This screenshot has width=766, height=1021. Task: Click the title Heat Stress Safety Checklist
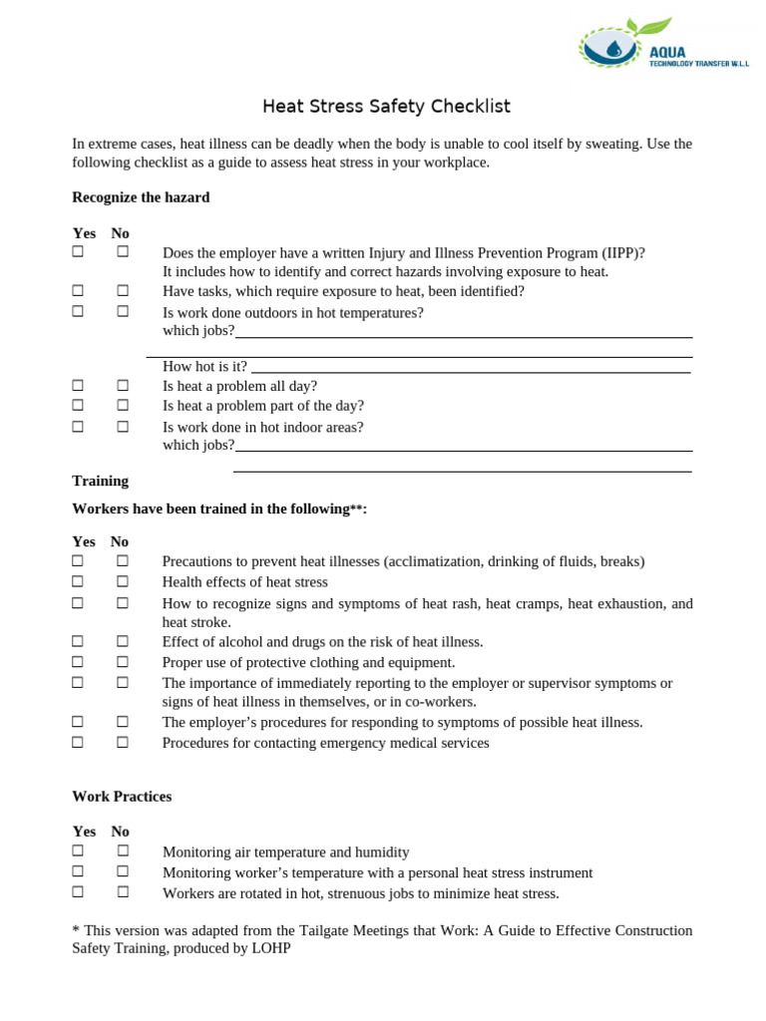point(386,106)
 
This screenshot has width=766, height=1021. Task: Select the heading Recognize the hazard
point(141,197)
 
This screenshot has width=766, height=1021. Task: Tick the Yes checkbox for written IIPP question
point(78,253)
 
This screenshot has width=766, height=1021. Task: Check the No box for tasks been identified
point(123,291)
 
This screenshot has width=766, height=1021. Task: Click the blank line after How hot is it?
point(470,367)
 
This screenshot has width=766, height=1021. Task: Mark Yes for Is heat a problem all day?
point(78,386)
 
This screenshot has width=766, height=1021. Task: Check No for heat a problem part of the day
point(123,406)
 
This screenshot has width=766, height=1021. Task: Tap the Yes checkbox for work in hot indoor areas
point(78,427)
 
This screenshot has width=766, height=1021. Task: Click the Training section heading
point(100,481)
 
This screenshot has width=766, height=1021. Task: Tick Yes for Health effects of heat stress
point(78,581)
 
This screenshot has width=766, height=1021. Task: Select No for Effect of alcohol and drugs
point(123,642)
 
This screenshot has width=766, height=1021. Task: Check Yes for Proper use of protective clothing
point(78,662)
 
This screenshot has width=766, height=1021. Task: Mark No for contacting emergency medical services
point(123,743)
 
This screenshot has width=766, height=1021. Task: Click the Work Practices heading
point(122,797)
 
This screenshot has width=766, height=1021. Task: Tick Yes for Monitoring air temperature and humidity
point(78,851)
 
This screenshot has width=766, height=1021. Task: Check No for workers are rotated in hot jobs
point(123,892)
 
